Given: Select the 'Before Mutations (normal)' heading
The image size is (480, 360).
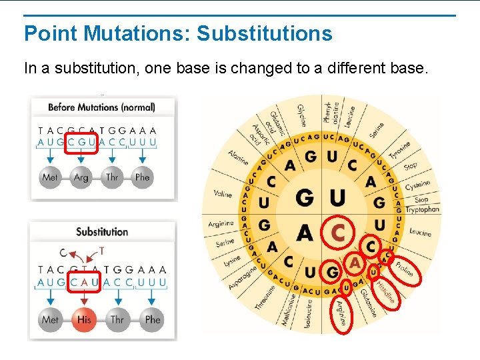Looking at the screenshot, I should [102, 107].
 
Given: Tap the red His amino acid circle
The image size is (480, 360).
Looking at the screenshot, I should [84, 319].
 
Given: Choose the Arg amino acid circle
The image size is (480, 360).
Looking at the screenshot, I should [81, 177].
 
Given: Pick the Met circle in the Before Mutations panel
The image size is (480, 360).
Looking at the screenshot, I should [50, 177].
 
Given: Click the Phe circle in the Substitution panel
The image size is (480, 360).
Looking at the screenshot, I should [153, 319].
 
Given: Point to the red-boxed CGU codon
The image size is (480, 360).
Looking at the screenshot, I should [83, 141].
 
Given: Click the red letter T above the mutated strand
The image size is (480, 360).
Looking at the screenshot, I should [101, 251].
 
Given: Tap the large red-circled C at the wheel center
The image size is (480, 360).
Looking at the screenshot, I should [339, 232].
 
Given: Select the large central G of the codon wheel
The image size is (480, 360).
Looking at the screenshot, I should [304, 198].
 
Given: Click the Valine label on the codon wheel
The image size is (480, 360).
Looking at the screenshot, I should [223, 194].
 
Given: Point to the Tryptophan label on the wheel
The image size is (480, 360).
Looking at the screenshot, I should [423, 209].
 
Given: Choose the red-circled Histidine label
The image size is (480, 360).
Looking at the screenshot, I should [385, 291].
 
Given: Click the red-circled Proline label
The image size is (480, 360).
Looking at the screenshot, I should [405, 268].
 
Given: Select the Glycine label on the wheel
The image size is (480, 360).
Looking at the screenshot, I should [301, 115].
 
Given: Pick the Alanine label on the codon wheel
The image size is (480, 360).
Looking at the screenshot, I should [238, 158].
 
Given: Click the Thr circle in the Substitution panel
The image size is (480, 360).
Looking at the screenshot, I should [117, 319].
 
